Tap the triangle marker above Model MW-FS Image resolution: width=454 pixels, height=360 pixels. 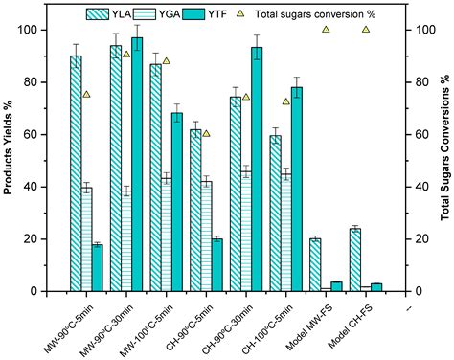click(x=326, y=30)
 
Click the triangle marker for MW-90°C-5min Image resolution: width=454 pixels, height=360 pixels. click(x=86, y=95)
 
